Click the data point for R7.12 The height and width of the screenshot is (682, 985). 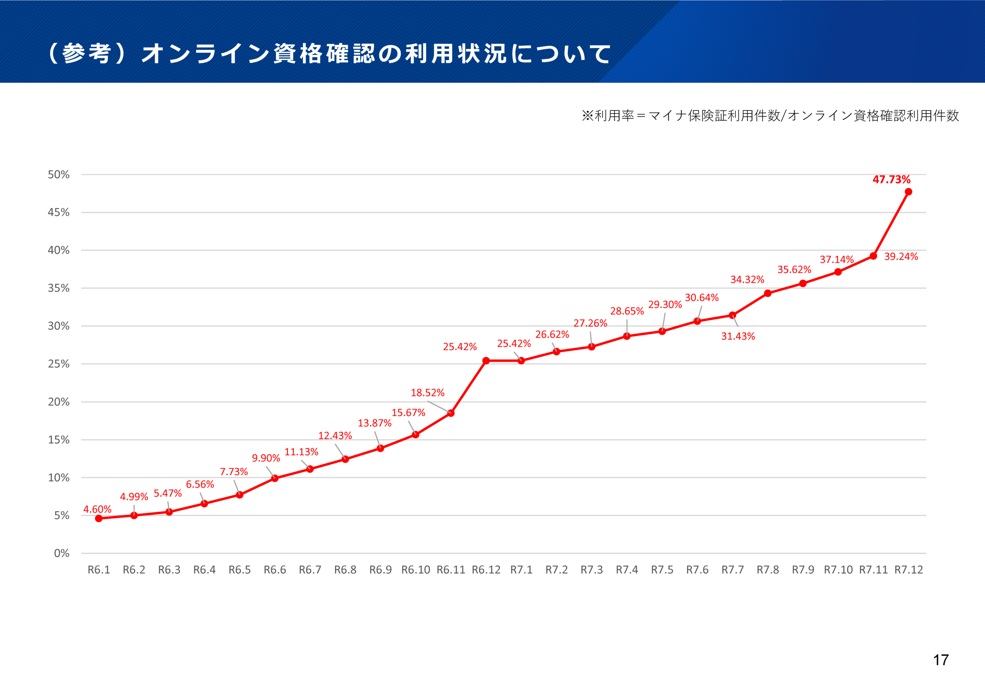click(908, 192)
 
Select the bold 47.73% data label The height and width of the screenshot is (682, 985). click(891, 179)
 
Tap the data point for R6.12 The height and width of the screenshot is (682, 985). click(486, 361)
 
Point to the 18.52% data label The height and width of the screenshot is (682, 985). click(427, 393)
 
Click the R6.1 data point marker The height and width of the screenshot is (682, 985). click(98, 518)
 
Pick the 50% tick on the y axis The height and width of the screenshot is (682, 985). click(58, 174)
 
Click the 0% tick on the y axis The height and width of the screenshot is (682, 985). click(62, 553)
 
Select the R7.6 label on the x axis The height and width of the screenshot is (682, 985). click(697, 570)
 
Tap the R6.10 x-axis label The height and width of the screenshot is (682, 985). click(415, 570)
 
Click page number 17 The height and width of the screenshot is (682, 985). click(941, 660)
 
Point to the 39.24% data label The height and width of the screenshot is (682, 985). click(901, 256)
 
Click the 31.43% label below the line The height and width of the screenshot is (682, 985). click(738, 336)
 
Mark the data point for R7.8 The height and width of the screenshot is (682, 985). click(768, 293)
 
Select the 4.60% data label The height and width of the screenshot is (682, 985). click(97, 509)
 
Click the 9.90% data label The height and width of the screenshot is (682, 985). click(266, 458)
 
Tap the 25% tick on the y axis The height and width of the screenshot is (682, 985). click(58, 364)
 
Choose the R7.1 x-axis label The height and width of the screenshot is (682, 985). click(521, 570)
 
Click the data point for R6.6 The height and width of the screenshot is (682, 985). click(275, 478)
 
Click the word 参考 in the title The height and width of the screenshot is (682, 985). click(87, 54)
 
